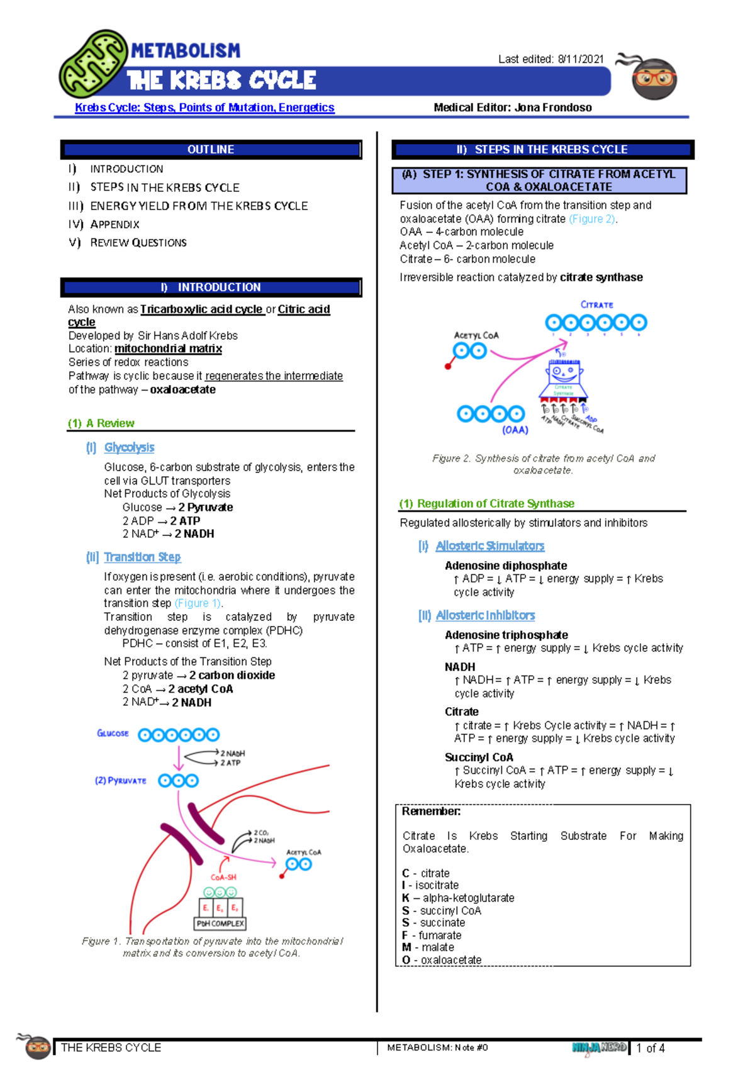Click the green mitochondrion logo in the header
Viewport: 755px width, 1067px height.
tap(93, 64)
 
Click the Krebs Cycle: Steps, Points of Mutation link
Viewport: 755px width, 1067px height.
tap(204, 108)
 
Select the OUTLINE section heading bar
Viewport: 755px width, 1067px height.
tap(211, 150)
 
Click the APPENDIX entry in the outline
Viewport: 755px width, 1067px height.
tap(115, 225)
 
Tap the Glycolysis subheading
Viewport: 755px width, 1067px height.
tap(129, 447)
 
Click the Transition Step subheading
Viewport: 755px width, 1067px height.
tap(142, 557)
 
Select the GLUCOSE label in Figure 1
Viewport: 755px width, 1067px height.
tap(113, 733)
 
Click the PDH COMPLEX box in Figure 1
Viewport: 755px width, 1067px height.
tap(220, 923)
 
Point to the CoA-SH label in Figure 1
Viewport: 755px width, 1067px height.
tap(223, 877)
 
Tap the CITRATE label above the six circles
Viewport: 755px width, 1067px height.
tap(596, 304)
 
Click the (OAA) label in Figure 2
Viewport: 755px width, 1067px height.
tap(515, 430)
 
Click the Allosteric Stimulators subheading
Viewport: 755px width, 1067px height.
tap(489, 546)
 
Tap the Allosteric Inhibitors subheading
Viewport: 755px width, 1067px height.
tap(485, 615)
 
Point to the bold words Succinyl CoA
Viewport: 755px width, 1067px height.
tap(479, 757)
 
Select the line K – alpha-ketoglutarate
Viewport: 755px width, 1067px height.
tap(458, 898)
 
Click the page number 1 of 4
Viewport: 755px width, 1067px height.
tap(651, 1048)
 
